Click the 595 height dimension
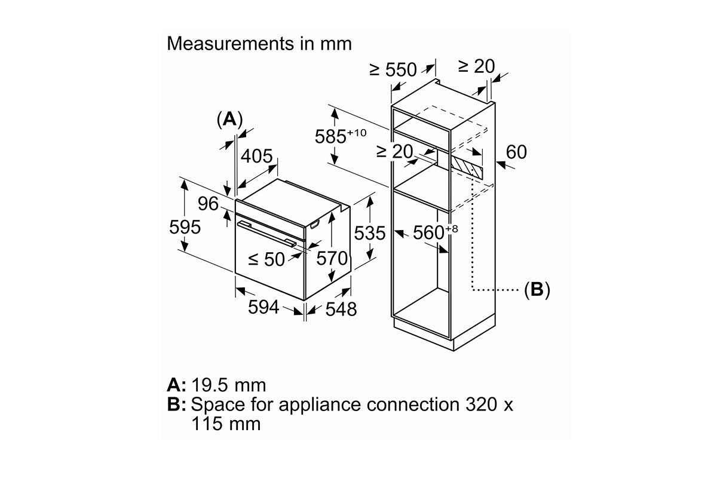tap(185, 227)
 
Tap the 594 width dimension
tap(263, 307)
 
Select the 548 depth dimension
tap(341, 309)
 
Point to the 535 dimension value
tap(370, 233)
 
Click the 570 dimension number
tap(332, 258)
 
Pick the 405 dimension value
tap(256, 156)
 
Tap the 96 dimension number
tap(208, 204)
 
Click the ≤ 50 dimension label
tap(266, 259)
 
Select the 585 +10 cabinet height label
tap(340, 136)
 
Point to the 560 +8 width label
tap(436, 231)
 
